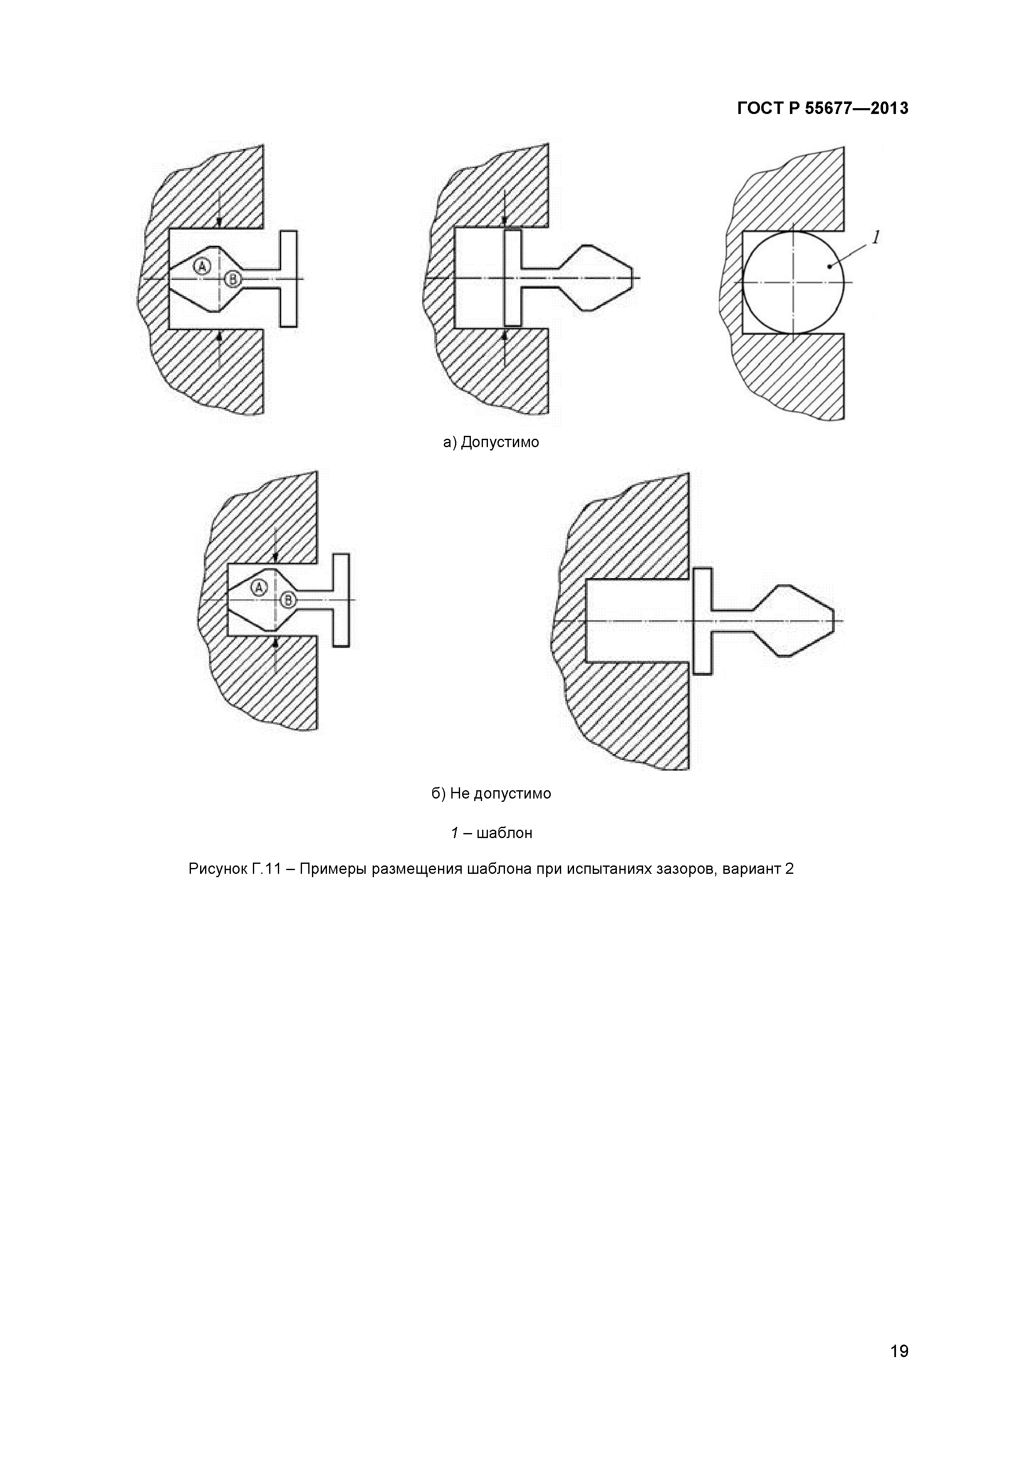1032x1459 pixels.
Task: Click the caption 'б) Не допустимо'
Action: pos(491,794)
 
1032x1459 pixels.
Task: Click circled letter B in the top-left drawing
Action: pos(233,278)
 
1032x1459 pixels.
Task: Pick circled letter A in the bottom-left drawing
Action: pos(258,588)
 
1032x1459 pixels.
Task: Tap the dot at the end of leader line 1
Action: pos(830,266)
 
